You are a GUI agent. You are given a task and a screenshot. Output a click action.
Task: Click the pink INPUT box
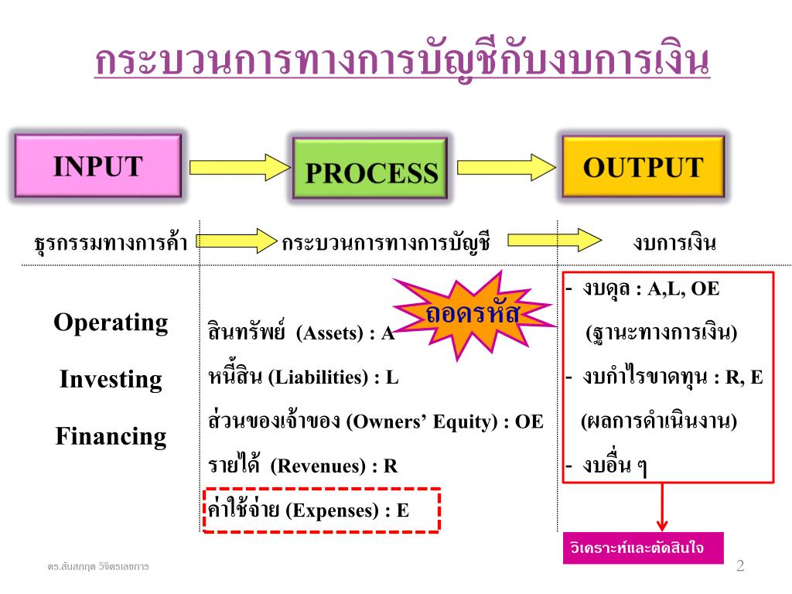coord(97,166)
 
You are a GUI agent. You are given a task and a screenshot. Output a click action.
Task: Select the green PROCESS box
coord(370,172)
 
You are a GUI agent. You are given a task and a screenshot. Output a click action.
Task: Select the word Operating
coord(111,323)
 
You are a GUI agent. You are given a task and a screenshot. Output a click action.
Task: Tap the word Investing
coord(111,380)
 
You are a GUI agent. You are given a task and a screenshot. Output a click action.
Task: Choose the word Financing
coord(111,437)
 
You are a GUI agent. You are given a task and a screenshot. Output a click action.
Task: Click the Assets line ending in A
coord(302,333)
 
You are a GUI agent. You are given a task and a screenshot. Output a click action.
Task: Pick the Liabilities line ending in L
coord(304,377)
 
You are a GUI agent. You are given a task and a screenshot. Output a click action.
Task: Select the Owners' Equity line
coord(376,422)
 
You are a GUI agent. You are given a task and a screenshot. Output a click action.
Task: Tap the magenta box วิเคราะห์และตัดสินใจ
coord(643,548)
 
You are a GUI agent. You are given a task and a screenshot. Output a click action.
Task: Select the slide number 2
coord(740,565)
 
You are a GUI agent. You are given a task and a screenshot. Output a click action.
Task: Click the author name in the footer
coord(97,567)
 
